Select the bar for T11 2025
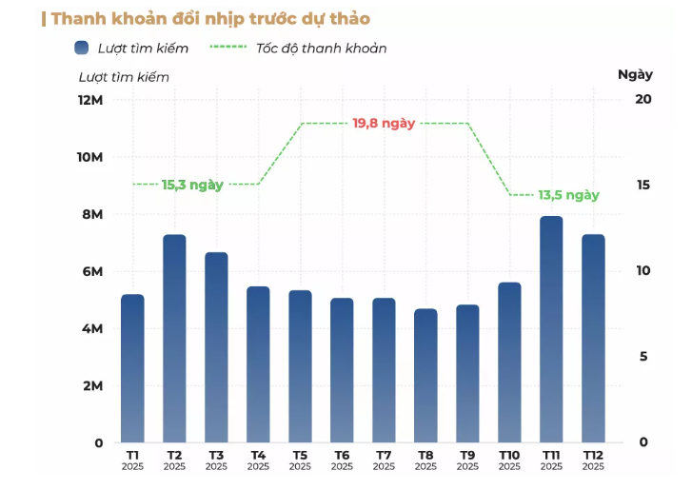click(x=551, y=329)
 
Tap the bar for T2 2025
click(x=174, y=339)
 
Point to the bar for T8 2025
click(x=425, y=376)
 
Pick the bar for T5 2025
click(x=300, y=366)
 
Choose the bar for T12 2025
click(x=593, y=339)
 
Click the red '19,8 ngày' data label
click(x=384, y=124)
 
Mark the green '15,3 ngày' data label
click(x=192, y=185)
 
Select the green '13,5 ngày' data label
click(x=568, y=195)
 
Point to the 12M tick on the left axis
click(x=90, y=100)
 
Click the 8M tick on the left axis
click(x=91, y=214)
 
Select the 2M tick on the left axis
click(x=91, y=385)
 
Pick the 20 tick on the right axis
click(x=643, y=99)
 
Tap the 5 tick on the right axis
click(x=643, y=357)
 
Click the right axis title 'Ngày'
click(x=635, y=74)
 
